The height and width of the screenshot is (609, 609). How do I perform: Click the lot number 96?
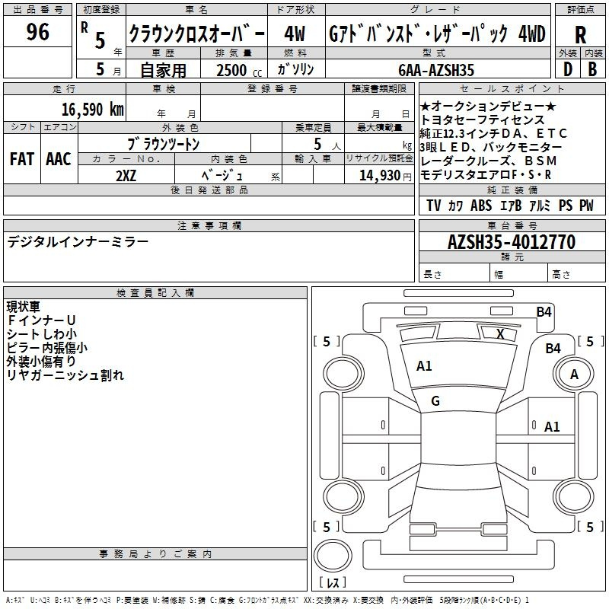tap(37, 33)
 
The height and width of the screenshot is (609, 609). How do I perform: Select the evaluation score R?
tap(580, 35)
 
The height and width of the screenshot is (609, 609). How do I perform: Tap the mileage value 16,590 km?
tap(93, 109)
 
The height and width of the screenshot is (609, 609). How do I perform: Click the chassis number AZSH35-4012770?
tap(511, 242)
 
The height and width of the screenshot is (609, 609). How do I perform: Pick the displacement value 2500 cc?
tap(237, 70)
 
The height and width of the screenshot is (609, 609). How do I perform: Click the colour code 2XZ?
tap(126, 175)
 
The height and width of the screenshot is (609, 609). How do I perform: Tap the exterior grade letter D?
tap(567, 69)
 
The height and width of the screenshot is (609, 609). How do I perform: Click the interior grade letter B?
tap(592, 69)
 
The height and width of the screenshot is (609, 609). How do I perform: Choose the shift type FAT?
tap(22, 158)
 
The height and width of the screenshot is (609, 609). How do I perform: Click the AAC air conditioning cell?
tap(59, 158)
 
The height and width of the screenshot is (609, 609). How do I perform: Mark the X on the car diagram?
tap(500, 333)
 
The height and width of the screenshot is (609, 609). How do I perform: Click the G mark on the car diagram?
tap(435, 401)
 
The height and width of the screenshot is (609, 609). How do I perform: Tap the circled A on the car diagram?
tap(575, 374)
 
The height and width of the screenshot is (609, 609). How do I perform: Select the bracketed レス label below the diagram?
tap(334, 583)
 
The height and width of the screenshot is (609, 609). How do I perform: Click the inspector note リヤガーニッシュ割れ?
tap(65, 375)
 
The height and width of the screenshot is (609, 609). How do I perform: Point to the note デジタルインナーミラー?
tap(78, 242)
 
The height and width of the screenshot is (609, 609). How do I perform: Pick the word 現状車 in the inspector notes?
tap(26, 307)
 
